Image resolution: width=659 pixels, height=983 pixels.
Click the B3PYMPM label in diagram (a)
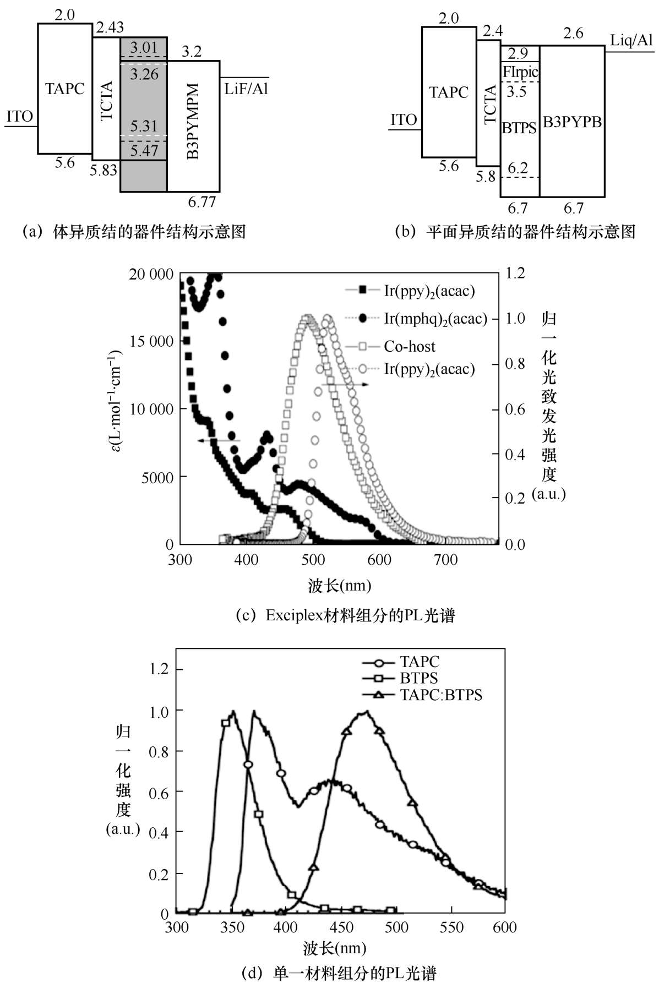(x=193, y=122)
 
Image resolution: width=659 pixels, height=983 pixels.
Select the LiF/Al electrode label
(x=246, y=89)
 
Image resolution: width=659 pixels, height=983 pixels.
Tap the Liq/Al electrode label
(x=631, y=40)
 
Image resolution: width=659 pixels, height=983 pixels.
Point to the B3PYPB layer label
(x=572, y=122)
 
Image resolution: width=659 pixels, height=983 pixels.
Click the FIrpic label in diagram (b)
(x=520, y=72)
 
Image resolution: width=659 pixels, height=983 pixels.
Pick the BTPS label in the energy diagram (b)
(x=519, y=128)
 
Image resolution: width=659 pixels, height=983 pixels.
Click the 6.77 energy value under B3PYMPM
(x=202, y=202)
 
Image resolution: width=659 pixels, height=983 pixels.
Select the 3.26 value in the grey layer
(x=144, y=74)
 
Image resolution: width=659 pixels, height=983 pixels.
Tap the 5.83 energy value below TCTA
(x=104, y=170)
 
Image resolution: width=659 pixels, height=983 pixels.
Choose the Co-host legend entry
(x=409, y=347)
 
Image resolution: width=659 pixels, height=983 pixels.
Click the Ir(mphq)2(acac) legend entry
(x=435, y=319)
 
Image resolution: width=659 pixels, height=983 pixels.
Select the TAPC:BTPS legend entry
(x=440, y=695)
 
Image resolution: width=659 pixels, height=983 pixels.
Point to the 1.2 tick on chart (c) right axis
(x=515, y=274)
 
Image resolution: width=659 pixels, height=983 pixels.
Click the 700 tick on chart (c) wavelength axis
(x=446, y=560)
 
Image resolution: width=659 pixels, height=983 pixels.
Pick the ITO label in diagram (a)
(x=20, y=117)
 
